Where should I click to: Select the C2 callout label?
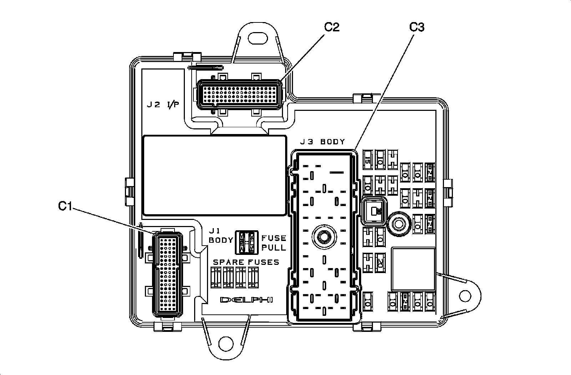coord(331,27)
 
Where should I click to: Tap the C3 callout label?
coord(416,27)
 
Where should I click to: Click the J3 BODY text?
coord(322,142)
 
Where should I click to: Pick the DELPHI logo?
coord(246,300)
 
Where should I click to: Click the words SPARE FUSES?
coord(246,262)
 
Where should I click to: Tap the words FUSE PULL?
coord(274,243)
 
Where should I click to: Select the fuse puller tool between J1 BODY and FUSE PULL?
coord(247,242)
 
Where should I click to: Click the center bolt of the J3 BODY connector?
coord(324,236)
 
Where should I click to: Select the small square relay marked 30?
coord(373,211)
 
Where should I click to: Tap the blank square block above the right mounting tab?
coord(413,269)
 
